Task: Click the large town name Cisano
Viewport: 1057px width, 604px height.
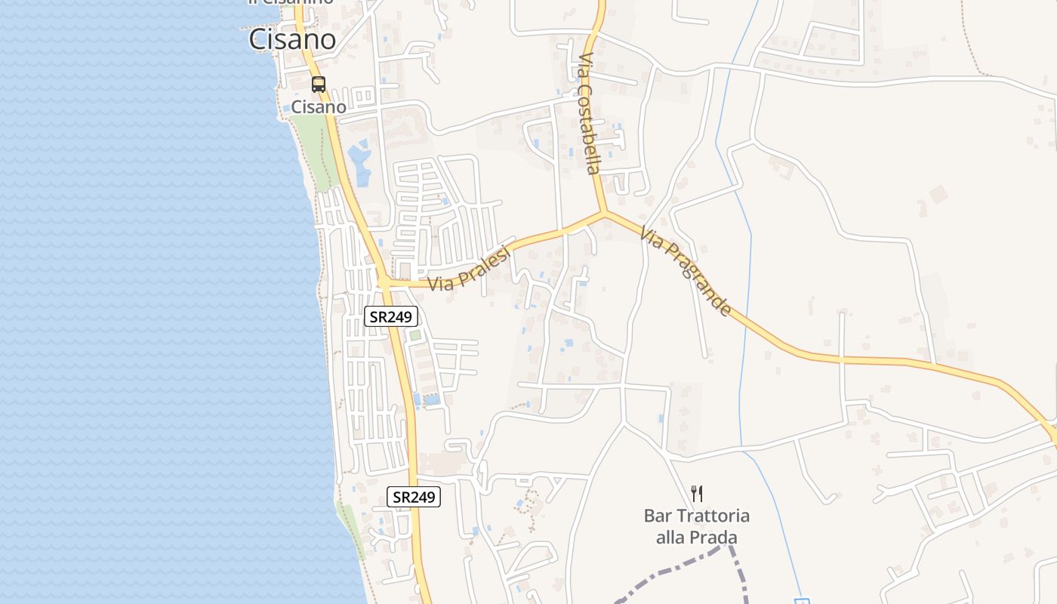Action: coord(293,39)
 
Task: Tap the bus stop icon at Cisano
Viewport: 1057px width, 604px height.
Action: coord(319,84)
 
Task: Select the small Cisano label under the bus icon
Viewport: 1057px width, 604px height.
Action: coord(319,107)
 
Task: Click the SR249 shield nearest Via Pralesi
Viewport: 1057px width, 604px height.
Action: coord(391,316)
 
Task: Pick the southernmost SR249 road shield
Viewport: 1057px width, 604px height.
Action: coord(414,497)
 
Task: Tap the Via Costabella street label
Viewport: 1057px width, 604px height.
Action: coord(589,113)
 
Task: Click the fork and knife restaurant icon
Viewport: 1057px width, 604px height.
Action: coord(697,494)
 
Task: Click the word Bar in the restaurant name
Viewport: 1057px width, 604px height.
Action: coord(657,516)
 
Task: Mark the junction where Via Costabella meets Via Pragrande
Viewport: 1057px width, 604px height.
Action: coord(603,213)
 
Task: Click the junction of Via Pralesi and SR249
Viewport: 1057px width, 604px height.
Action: coord(384,282)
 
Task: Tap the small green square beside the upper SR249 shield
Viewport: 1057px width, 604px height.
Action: coord(414,334)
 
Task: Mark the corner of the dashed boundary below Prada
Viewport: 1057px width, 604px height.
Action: coord(729,546)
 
